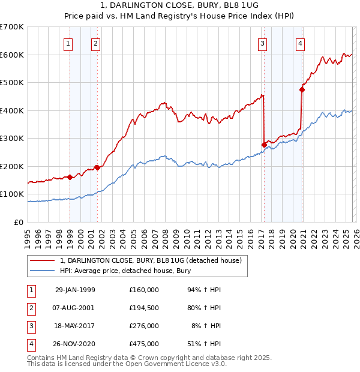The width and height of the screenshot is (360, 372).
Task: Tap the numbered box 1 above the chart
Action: [68, 43]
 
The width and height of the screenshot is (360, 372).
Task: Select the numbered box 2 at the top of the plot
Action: [96, 43]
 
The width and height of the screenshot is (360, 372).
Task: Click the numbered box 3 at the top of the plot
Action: [263, 43]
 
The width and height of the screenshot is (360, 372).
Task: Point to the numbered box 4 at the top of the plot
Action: [299, 43]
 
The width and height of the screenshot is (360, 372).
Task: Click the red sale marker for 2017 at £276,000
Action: [264, 145]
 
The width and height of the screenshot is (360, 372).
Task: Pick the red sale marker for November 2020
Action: [302, 89]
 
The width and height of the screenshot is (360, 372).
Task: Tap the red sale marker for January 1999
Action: [70, 177]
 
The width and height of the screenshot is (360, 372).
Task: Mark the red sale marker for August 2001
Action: [97, 167]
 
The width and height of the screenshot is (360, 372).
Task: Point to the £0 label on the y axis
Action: [19, 222]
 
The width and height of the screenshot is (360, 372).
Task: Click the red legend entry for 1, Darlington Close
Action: [151, 260]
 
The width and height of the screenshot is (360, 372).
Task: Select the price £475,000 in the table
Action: [143, 344]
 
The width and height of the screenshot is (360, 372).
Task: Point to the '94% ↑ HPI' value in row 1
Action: [205, 290]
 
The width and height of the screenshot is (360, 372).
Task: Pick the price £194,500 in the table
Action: [143, 308]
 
